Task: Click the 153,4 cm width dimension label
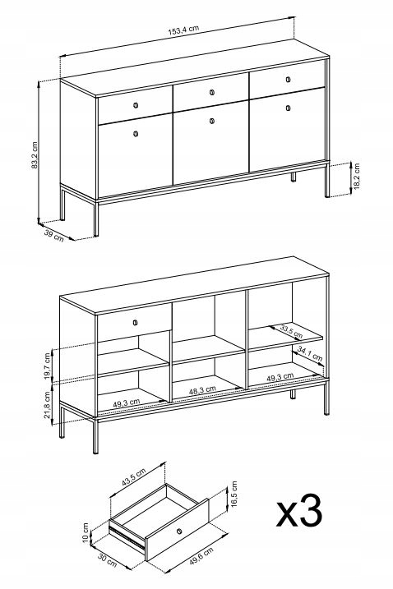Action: [x=183, y=30]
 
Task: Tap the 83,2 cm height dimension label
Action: [x=35, y=155]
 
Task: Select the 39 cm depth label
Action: [x=54, y=235]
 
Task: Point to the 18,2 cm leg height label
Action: [x=357, y=176]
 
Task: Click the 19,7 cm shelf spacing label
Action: [x=48, y=366]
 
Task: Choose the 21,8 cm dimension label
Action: [x=48, y=405]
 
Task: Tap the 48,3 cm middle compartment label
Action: [x=202, y=390]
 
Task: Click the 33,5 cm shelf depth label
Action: [x=291, y=331]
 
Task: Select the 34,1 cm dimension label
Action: [x=310, y=354]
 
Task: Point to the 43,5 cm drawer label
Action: [x=133, y=477]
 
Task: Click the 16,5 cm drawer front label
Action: [x=234, y=494]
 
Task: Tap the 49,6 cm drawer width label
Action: [x=201, y=556]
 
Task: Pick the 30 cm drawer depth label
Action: [x=107, y=559]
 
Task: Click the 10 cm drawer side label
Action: [x=86, y=532]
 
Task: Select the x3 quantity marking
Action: [x=299, y=511]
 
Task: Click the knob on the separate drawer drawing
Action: [x=179, y=531]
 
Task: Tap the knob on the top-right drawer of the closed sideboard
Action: [x=288, y=79]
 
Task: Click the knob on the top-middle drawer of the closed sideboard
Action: [x=211, y=92]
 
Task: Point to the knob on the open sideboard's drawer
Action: [x=136, y=322]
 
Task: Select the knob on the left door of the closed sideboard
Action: [x=136, y=133]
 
